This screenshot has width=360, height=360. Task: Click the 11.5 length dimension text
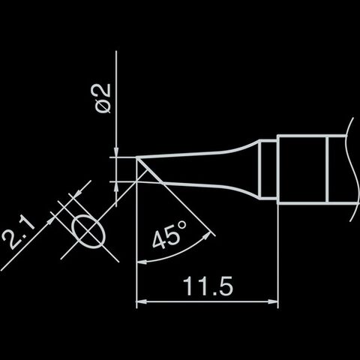[208, 286]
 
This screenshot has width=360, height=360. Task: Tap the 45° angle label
[169, 234]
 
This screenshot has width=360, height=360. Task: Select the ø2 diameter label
[103, 98]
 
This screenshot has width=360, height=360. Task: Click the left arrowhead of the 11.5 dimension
[141, 301]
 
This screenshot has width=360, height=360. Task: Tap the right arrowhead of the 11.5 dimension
[273, 301]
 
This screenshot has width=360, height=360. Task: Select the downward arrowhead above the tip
[116, 152]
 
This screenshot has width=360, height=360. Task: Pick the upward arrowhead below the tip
[116, 186]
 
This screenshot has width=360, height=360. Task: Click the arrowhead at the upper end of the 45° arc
[207, 236]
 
